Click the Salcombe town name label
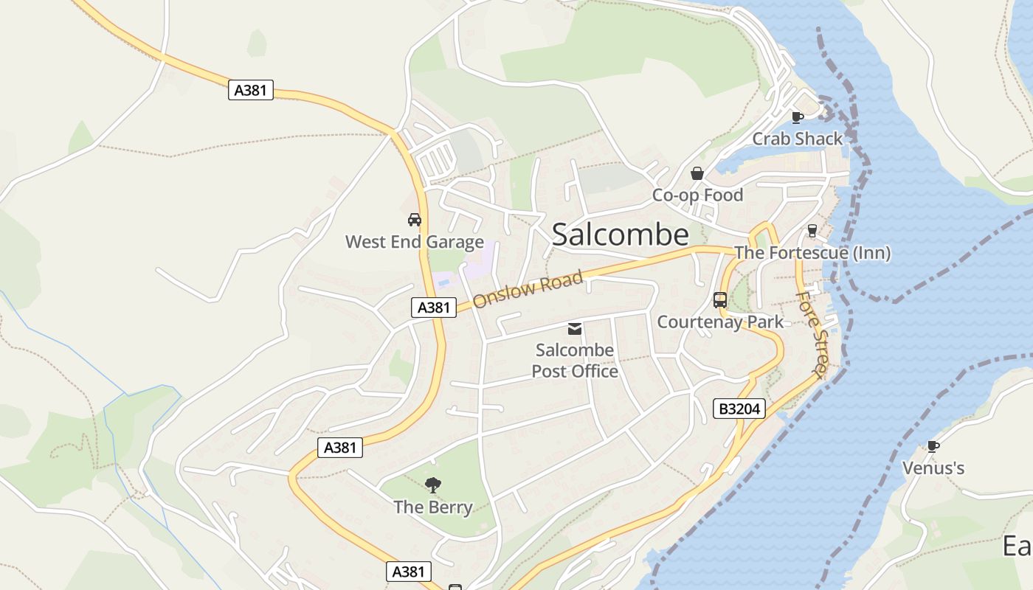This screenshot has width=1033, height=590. (620, 235)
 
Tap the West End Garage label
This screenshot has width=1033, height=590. (415, 242)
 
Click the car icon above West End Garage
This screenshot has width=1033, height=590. (415, 220)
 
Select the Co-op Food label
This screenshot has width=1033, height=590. (697, 195)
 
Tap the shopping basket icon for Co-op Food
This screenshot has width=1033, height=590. (697, 174)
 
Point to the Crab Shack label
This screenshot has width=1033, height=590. (797, 139)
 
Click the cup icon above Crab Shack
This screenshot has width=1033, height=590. (797, 117)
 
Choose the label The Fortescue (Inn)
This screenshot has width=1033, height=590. (812, 253)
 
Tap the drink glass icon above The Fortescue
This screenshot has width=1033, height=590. (812, 231)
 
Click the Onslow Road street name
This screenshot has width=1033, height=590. (528, 290)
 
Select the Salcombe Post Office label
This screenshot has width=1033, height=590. (575, 361)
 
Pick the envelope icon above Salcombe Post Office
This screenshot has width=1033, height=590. (575, 329)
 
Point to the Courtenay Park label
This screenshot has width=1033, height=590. (720, 322)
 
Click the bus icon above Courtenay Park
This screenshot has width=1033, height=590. (720, 300)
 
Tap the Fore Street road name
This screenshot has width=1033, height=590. (813, 334)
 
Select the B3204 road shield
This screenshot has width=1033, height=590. (739, 409)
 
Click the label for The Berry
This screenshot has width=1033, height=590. (433, 507)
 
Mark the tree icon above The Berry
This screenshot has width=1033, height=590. (433, 485)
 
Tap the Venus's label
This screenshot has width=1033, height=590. (933, 468)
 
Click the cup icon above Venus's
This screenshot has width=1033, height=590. (933, 445)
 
